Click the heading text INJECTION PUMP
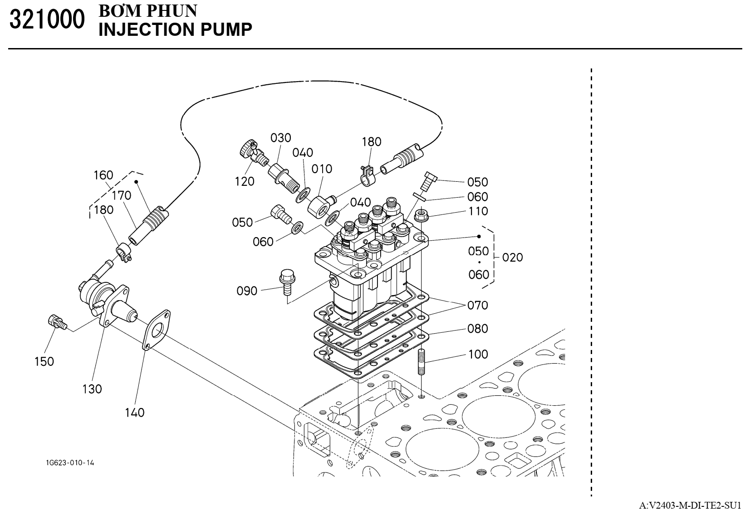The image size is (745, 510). (x=175, y=29)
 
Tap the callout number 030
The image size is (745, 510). (x=281, y=138)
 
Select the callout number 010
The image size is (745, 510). (x=322, y=169)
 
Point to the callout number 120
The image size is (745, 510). (x=245, y=182)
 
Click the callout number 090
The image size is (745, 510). (x=247, y=291)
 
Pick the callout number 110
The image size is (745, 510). (x=478, y=211)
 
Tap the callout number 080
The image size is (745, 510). (x=478, y=329)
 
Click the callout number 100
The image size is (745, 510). (x=478, y=355)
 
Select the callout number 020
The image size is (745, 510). (x=513, y=257)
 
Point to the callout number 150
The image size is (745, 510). (x=44, y=362)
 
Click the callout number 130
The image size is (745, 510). (x=92, y=389)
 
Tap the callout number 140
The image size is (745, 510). (x=135, y=413)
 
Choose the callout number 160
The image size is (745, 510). (x=103, y=175)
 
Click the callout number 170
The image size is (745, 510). (x=122, y=195)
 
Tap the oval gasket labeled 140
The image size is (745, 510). (x=156, y=330)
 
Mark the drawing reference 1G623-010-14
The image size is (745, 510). (x=70, y=463)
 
